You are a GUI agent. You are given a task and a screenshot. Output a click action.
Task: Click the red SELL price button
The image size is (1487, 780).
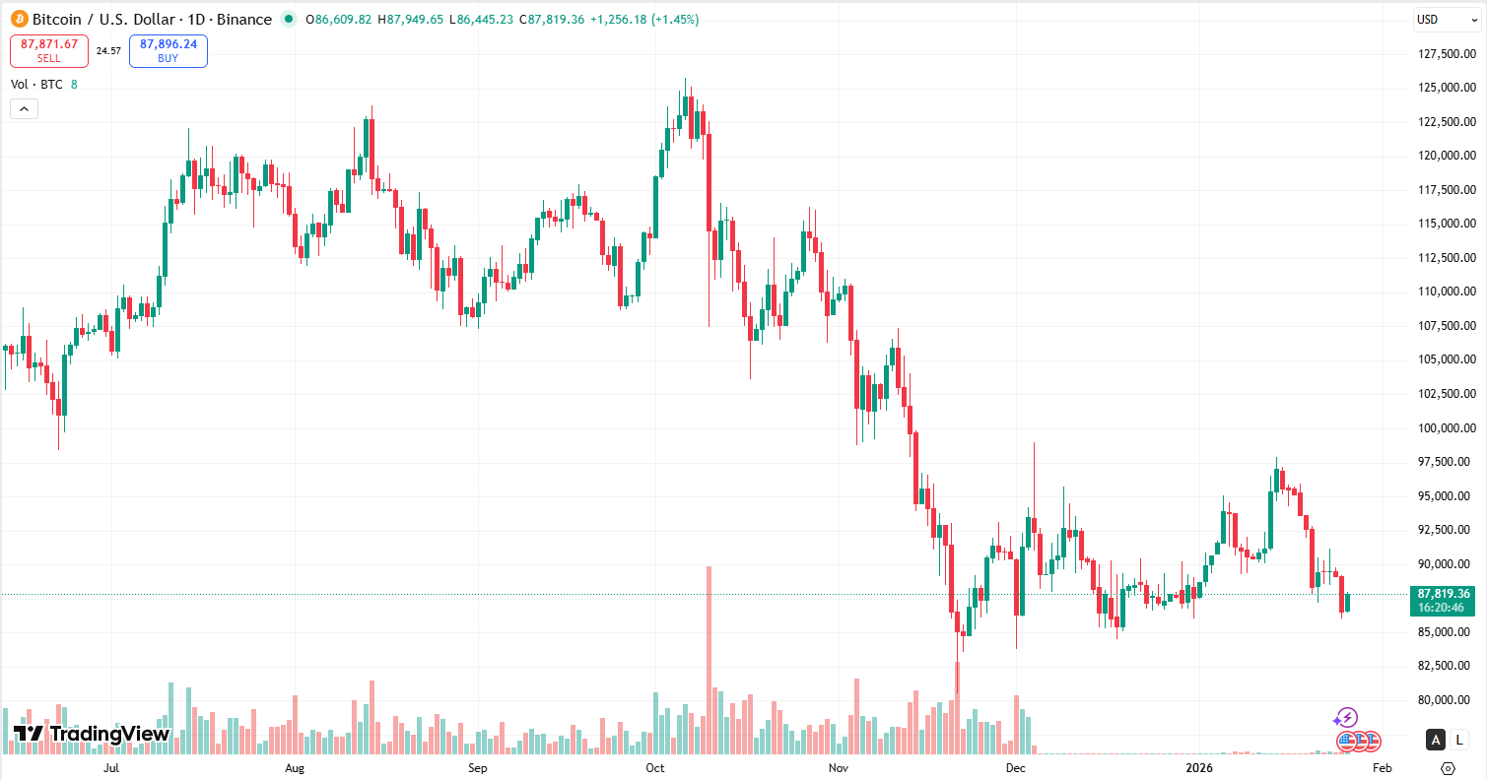click(49, 51)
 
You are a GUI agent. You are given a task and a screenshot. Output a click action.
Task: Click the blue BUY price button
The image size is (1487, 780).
click(169, 51)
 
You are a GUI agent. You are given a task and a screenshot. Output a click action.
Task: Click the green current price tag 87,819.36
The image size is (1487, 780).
click(1444, 594)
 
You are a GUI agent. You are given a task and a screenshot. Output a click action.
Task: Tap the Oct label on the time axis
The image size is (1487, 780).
click(654, 767)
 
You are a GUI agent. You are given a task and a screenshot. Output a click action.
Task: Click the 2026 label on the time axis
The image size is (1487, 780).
click(1199, 767)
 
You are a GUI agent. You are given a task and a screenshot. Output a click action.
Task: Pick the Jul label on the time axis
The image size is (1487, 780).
click(111, 767)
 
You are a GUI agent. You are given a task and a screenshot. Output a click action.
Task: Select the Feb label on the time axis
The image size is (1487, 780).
click(1382, 767)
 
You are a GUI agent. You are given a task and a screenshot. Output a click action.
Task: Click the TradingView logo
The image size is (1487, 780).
click(92, 734)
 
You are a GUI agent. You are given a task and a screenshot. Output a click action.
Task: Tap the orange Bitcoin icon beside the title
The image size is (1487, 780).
click(20, 20)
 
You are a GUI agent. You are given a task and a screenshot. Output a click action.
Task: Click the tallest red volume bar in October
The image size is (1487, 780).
click(709, 660)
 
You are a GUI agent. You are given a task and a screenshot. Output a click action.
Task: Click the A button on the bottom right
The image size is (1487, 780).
click(1437, 740)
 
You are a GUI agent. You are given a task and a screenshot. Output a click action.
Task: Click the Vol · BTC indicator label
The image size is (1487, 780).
click(36, 85)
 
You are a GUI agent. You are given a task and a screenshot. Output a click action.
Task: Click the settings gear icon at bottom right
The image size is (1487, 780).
click(1448, 768)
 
